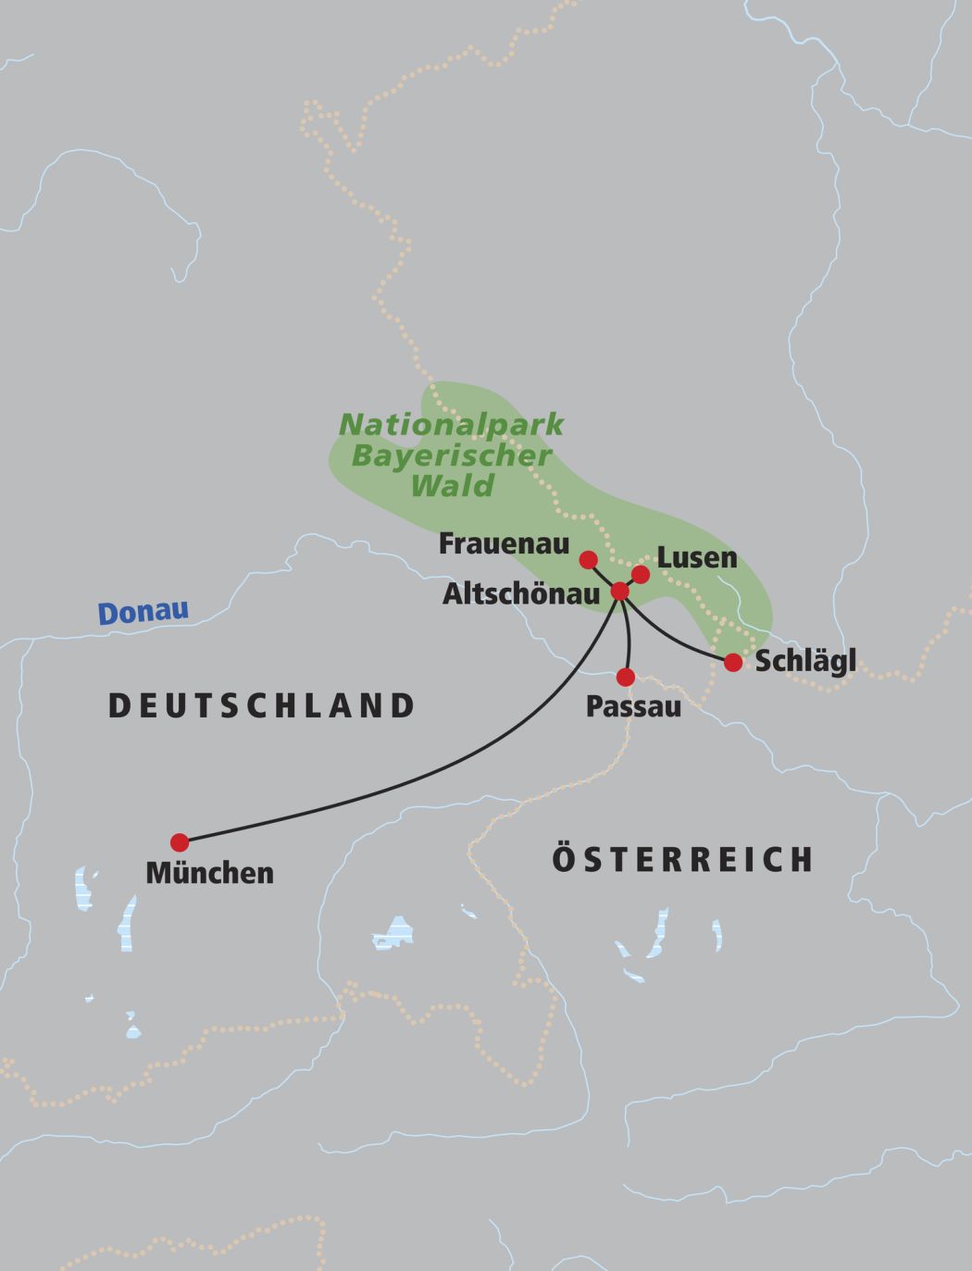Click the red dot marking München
pos(180,842)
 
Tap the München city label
pos(210,873)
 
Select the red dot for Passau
pos(626,677)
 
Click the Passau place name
pos(633,707)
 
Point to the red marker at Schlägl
pos(733,662)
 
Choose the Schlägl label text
pos(805,662)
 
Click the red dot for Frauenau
pos(588,559)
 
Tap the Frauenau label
pos(504,543)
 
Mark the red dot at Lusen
pos(640,575)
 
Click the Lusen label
pos(697,558)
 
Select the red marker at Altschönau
pos(620,591)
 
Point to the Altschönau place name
pos(521,594)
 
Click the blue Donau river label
pos(143,613)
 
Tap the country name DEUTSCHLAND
pos(262,706)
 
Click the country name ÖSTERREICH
pos(683,860)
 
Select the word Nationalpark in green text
pos(451,425)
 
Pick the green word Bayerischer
pos(451,455)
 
